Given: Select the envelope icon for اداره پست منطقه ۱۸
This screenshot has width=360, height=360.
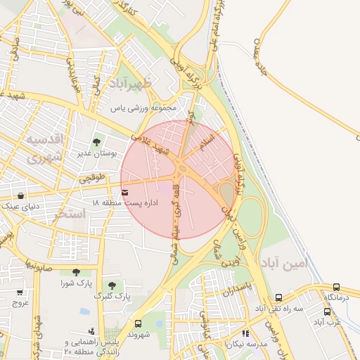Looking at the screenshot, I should (125, 192).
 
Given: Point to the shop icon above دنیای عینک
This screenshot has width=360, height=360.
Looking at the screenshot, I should (21, 196).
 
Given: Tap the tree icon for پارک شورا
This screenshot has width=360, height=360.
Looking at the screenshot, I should (76, 272).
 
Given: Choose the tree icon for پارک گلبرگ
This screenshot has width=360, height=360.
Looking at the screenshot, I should (112, 285).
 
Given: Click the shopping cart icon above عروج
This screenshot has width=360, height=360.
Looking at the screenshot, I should (19, 293).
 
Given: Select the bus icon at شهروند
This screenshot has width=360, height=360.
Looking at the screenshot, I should (137, 324).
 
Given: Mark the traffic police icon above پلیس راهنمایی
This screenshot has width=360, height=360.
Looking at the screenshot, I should (91, 330).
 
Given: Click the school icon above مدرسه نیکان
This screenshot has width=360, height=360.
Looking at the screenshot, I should (245, 333).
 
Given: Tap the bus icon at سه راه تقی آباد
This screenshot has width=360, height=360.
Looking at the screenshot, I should (279, 297).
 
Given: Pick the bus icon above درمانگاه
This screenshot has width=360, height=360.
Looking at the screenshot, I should (336, 287).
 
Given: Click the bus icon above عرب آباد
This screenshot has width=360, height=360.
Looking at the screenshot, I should (328, 311).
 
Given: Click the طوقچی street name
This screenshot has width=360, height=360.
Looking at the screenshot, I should (92, 178).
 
